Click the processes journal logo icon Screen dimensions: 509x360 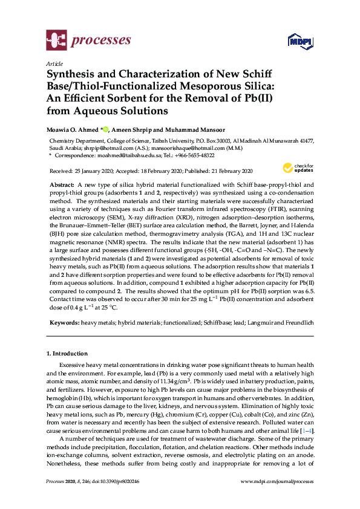56,41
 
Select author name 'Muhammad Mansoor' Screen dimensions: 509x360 184,128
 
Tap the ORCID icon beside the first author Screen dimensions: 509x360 106,128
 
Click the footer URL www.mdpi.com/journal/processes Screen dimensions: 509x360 277,481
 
